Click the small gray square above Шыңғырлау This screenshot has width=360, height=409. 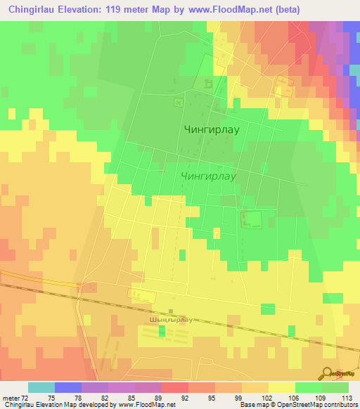pyautogui.click(x=172, y=311)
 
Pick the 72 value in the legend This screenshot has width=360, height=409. pyautogui.click(x=25, y=398)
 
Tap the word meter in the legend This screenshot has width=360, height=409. pyautogui.click(x=11, y=398)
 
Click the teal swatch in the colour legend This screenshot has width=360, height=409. pyautogui.click(x=41, y=387)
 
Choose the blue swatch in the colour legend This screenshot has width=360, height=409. pyautogui.click(x=68, y=387)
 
